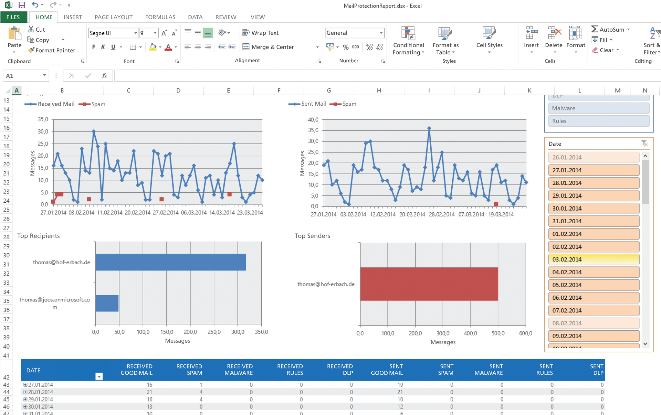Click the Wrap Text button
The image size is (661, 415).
click(261, 33)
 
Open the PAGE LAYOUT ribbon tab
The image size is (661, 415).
click(113, 17)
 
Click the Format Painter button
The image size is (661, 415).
click(52, 50)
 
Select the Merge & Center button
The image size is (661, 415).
click(269, 47)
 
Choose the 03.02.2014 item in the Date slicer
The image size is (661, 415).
click(594, 259)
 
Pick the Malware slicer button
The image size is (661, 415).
click(598, 108)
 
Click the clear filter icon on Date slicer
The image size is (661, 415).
click(644, 143)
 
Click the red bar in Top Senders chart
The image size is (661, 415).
click(429, 284)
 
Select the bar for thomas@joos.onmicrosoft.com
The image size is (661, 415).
click(107, 303)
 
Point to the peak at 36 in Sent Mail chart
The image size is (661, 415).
click(429, 128)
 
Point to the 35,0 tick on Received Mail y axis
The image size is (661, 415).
click(43, 119)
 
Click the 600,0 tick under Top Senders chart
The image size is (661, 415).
click(525, 333)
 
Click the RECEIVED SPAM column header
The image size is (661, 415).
click(189, 370)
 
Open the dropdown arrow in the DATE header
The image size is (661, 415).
click(99, 376)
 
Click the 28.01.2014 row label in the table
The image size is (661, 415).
click(41, 392)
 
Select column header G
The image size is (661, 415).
click(329, 91)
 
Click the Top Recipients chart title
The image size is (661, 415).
click(39, 236)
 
